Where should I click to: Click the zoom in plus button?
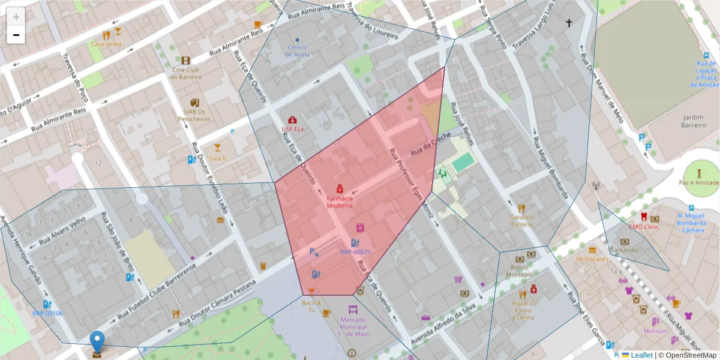coord(16,17)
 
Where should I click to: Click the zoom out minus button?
coord(16,35)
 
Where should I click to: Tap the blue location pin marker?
coord(97,342)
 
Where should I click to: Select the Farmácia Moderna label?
coord(340,202)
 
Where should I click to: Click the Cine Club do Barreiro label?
coord(185,73)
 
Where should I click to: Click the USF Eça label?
coord(293,128)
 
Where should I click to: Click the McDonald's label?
coord(592,259)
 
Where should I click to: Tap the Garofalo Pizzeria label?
coord(521,220)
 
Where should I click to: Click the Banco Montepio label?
coord(520,271)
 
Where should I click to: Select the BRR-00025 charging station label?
coord(355,252)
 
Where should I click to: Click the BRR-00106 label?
coord(47,313)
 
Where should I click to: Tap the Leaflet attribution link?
coord(641,355)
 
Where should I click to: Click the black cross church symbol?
coord(569,23)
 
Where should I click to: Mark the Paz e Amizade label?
coord(699,182)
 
